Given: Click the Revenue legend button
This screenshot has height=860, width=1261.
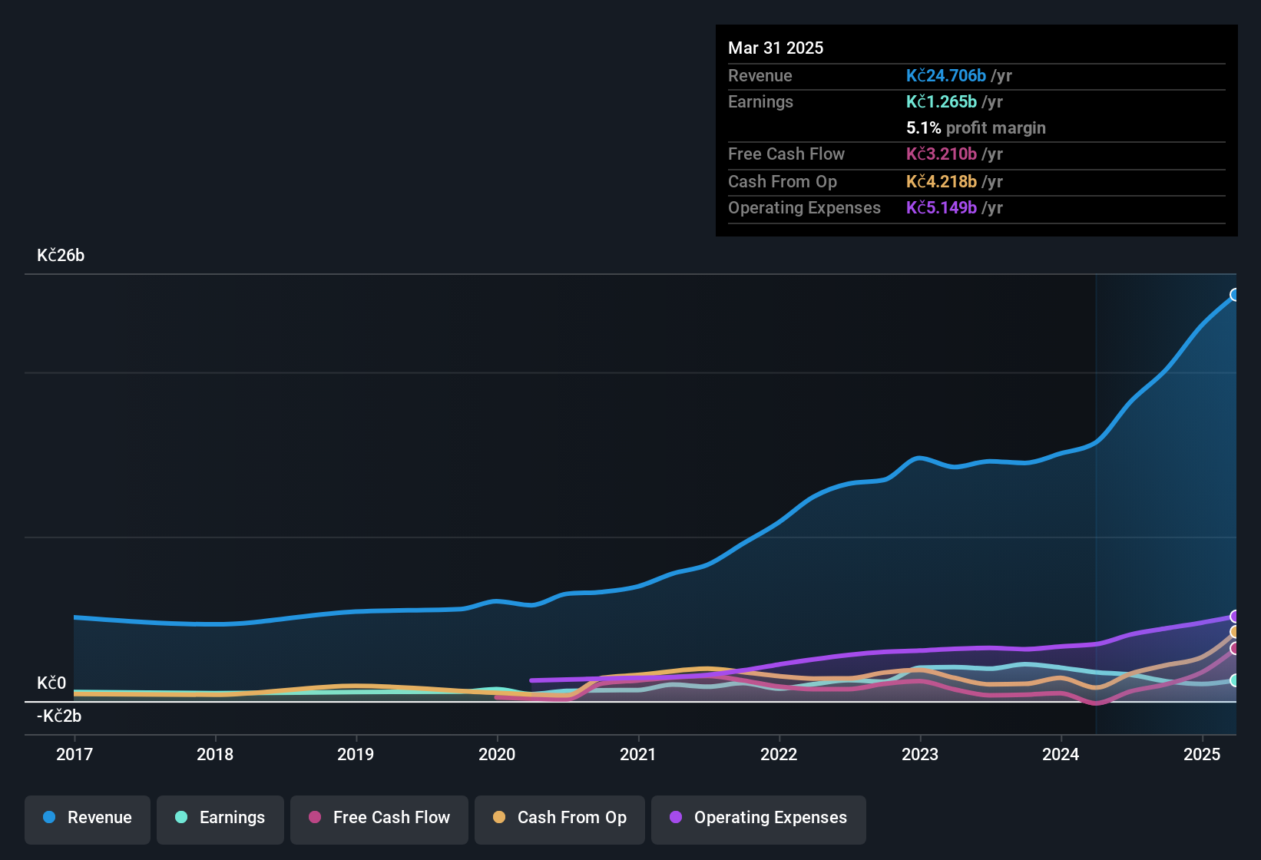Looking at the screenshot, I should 88,818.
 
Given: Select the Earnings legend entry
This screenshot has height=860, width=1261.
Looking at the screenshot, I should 220,818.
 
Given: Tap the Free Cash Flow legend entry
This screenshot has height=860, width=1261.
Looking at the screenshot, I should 379,818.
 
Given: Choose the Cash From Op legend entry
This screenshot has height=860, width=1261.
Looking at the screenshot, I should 560,818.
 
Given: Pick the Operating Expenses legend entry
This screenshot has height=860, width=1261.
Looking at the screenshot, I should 759,818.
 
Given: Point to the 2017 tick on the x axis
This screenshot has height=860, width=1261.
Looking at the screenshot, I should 74,754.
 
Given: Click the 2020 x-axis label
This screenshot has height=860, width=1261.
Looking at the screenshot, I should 497,754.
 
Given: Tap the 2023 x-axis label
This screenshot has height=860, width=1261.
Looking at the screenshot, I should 920,754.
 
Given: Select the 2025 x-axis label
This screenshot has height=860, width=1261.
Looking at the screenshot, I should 1202,754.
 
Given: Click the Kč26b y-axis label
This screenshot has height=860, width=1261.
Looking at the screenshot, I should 61,256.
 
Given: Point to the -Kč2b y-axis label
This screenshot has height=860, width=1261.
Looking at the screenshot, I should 59,716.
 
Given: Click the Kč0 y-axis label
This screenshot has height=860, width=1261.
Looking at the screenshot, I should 51,683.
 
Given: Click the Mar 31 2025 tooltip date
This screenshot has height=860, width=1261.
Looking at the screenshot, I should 776,48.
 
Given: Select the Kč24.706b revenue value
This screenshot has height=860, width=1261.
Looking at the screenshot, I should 945,76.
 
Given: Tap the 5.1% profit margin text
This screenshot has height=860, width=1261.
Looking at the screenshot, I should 975,128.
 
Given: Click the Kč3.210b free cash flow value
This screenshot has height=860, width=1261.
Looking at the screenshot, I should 941,154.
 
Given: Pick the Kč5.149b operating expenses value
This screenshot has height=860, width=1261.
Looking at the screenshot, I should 941,208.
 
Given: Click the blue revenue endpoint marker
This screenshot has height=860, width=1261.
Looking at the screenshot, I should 1235,295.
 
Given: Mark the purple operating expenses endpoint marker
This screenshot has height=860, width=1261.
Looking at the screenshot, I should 1235,617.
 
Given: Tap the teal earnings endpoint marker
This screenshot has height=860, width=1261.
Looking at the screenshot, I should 1235,680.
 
